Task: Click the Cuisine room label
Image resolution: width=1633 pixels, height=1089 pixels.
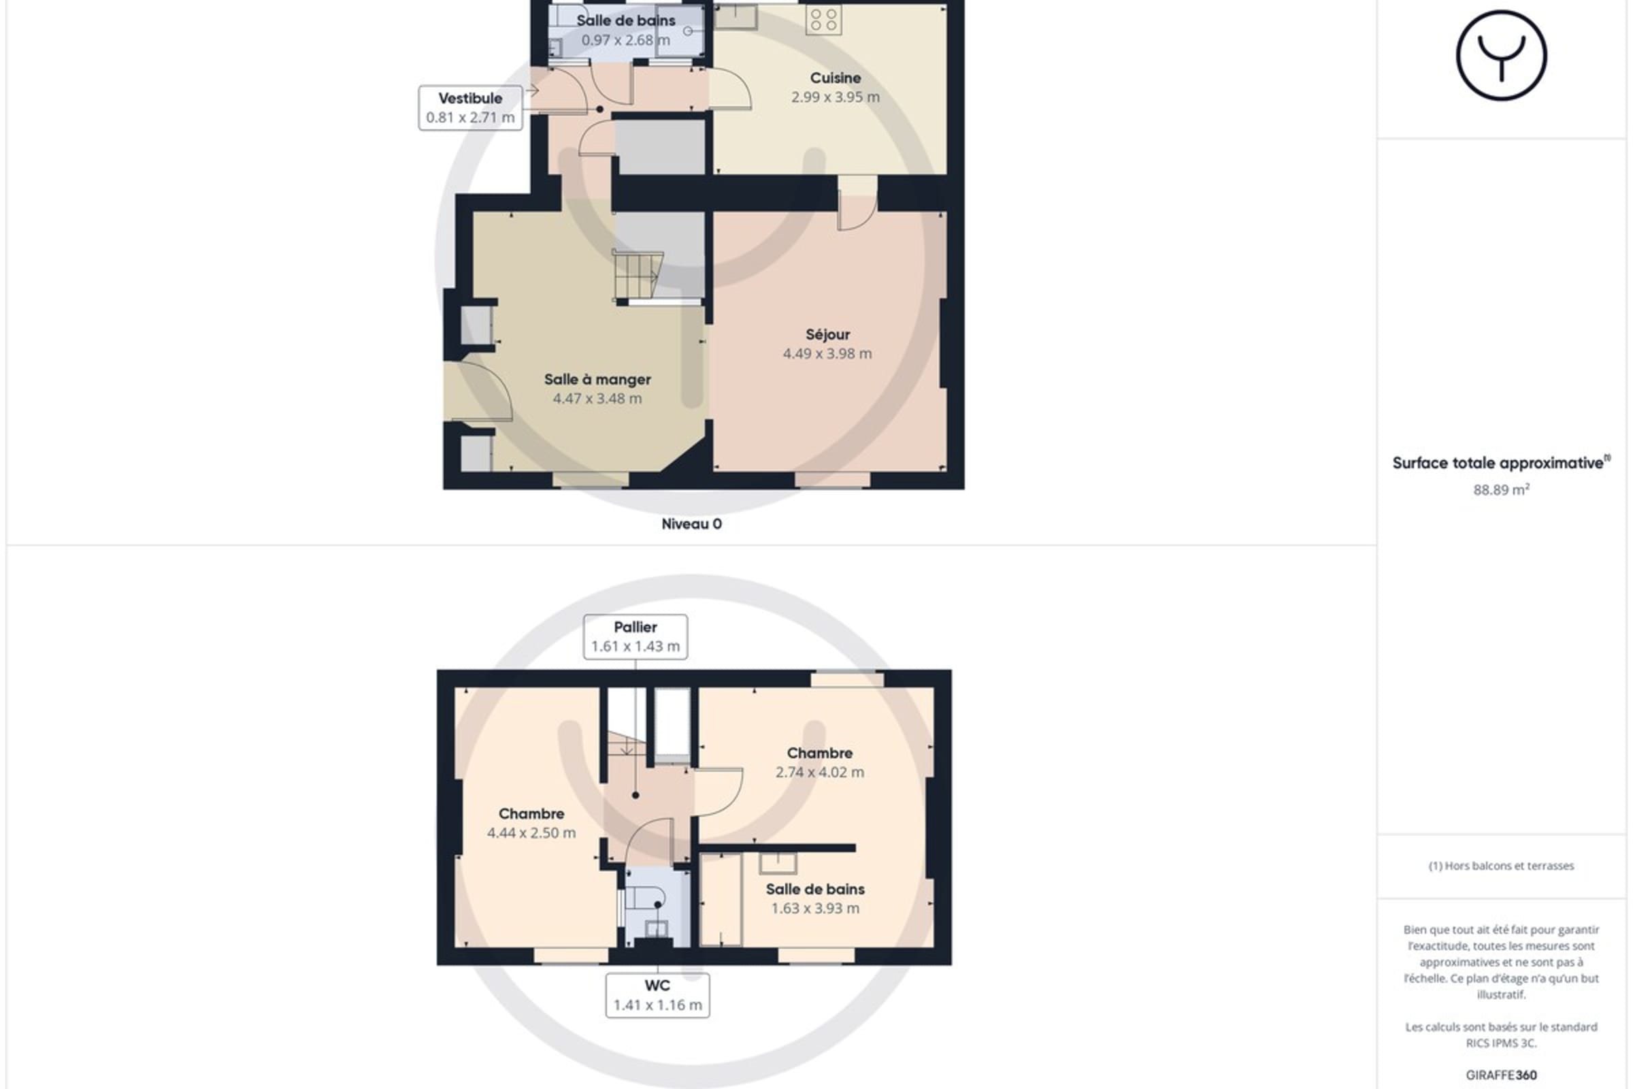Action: pos(836,78)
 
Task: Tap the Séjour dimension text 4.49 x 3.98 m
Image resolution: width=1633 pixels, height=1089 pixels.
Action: pos(827,353)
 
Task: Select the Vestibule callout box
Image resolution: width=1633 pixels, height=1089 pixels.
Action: pos(470,108)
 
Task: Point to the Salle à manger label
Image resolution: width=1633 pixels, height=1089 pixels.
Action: pos(597,379)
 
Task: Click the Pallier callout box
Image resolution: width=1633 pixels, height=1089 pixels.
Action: pos(636,636)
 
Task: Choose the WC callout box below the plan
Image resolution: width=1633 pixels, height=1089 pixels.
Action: pos(657,995)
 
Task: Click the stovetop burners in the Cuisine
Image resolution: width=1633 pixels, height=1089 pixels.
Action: pos(823,20)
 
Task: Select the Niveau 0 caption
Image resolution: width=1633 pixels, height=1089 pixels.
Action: pos(691,523)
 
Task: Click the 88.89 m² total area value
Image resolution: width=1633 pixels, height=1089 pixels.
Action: pos(1501,489)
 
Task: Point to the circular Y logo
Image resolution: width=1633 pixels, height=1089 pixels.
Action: pos(1501,56)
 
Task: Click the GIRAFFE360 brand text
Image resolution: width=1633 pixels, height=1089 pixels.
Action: pos(1501,1075)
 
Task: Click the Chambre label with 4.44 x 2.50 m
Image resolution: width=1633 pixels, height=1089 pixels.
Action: pos(531,813)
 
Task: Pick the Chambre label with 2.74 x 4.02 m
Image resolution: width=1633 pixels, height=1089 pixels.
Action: pos(819,753)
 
